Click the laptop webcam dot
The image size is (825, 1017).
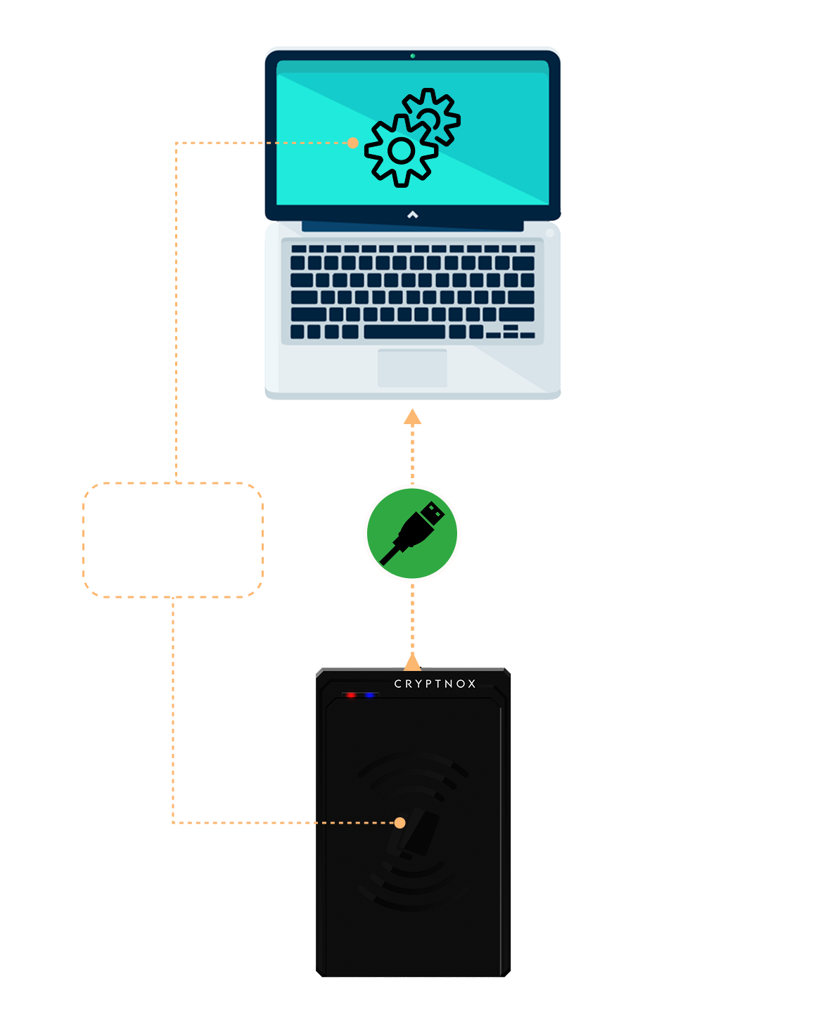pyautogui.click(x=412, y=56)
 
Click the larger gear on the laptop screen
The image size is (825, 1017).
pyautogui.click(x=401, y=151)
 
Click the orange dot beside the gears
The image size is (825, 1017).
pyautogui.click(x=352, y=143)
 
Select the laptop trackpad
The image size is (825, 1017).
pyautogui.click(x=412, y=367)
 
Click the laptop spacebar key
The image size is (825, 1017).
pyautogui.click(x=404, y=332)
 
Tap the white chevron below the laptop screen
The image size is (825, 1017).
pyautogui.click(x=413, y=215)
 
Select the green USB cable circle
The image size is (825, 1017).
pyautogui.click(x=412, y=533)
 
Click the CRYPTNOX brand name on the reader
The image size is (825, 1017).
pyautogui.click(x=435, y=684)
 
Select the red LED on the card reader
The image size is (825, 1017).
pyautogui.click(x=350, y=696)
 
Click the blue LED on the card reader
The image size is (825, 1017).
pyautogui.click(x=369, y=696)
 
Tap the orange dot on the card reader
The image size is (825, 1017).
pyautogui.click(x=399, y=822)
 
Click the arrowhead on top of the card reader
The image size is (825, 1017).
pyautogui.click(x=412, y=662)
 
